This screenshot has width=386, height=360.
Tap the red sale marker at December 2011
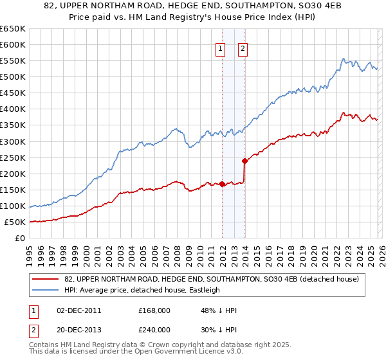point(222,184)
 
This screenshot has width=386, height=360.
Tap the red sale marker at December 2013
point(245,161)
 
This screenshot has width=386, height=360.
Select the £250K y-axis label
point(14,157)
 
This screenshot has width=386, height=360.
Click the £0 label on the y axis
point(21,239)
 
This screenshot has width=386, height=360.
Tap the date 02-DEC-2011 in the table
point(79,310)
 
